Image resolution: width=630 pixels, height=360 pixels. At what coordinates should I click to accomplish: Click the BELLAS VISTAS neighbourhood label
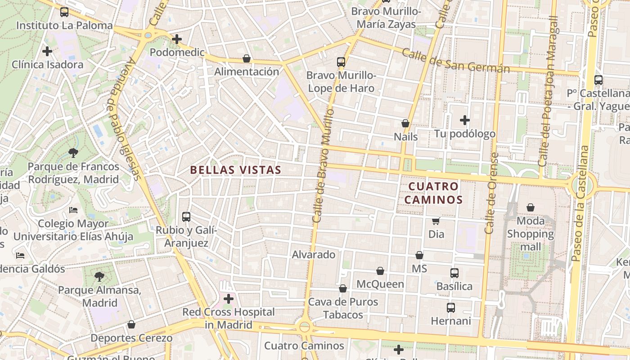(x=235, y=170)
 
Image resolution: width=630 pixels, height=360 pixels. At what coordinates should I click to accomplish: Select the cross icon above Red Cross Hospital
(x=229, y=298)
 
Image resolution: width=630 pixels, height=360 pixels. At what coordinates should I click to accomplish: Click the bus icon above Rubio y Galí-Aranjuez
(x=186, y=217)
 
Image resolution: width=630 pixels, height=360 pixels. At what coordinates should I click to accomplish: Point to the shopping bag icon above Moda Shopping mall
(x=531, y=207)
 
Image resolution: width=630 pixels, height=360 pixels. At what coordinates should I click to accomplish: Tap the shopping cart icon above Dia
(x=436, y=221)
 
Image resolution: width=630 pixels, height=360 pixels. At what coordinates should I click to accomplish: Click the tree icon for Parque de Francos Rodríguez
(x=73, y=153)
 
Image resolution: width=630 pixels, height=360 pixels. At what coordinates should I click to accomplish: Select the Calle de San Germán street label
(x=455, y=61)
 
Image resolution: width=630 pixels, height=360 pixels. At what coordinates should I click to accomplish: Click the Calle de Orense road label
(x=491, y=193)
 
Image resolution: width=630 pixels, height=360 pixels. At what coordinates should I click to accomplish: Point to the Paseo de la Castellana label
(x=580, y=202)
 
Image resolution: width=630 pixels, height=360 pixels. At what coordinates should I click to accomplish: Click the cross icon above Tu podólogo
(x=465, y=120)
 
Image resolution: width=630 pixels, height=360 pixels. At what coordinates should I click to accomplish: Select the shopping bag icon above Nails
(x=405, y=123)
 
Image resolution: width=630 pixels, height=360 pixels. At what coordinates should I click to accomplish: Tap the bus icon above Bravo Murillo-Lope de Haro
(x=341, y=62)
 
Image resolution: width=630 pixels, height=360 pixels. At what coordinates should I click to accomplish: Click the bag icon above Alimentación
(x=247, y=58)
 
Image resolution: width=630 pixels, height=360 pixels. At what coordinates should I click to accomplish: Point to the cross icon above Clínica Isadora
(x=47, y=51)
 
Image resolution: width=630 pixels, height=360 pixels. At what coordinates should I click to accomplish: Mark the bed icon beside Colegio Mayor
(x=73, y=210)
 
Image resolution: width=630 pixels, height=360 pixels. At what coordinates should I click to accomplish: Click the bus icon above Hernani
(x=451, y=308)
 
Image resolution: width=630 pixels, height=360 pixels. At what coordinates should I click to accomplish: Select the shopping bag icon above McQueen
(x=380, y=271)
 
